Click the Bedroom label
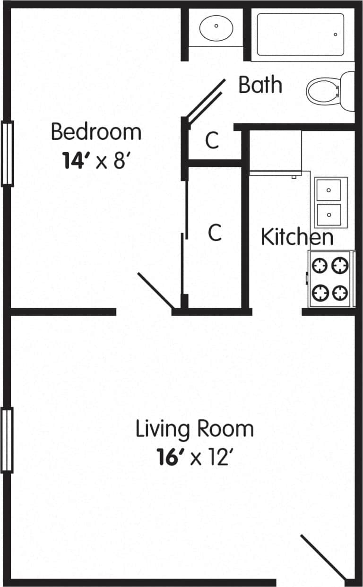pyautogui.click(x=96, y=132)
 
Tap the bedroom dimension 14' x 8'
pyautogui.click(x=96, y=161)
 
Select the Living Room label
pyautogui.click(x=195, y=429)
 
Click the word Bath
pyautogui.click(x=260, y=86)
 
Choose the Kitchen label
pyautogui.click(x=297, y=237)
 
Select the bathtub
pyautogui.click(x=301, y=35)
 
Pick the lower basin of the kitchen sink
pyautogui.click(x=329, y=215)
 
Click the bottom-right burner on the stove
pyautogui.click(x=340, y=293)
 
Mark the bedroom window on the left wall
pyautogui.click(x=7, y=153)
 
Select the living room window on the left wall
pyautogui.click(x=7, y=440)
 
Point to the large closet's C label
pyautogui.click(x=215, y=233)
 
